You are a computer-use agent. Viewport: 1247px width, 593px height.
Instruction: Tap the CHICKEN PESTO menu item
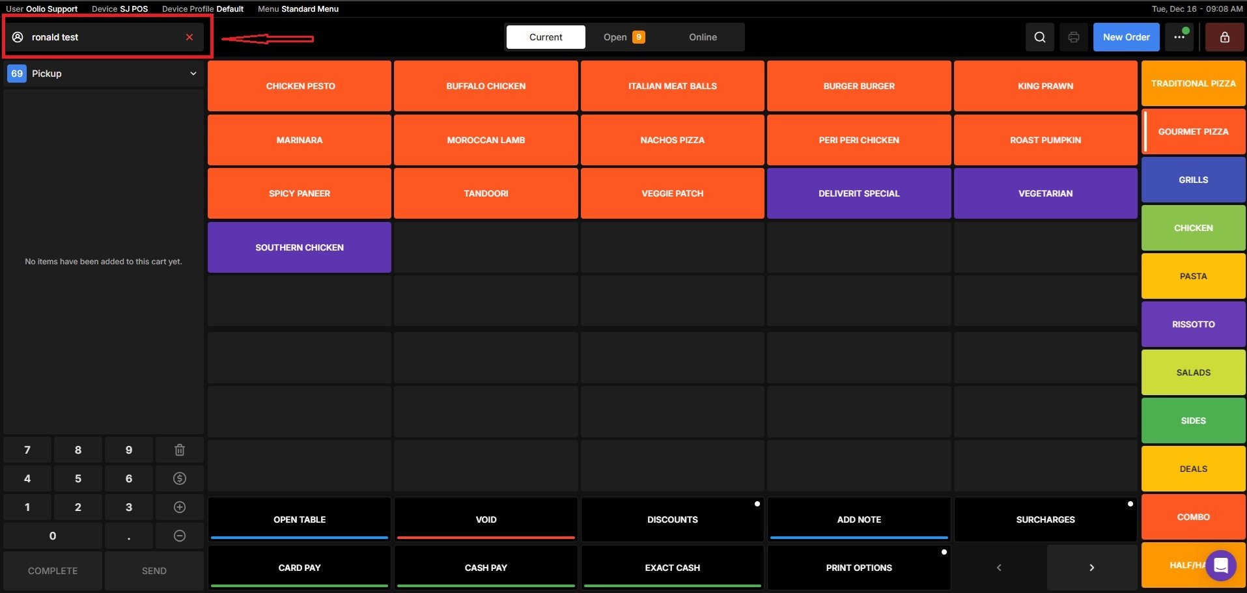point(300,86)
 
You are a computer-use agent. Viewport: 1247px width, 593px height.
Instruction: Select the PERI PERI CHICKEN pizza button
point(858,140)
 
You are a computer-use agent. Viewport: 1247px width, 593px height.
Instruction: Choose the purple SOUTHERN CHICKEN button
point(300,247)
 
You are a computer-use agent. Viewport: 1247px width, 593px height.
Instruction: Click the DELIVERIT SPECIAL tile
point(858,193)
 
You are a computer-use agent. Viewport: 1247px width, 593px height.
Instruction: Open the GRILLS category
point(1193,180)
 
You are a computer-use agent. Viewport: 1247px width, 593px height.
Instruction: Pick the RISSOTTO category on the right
point(1193,324)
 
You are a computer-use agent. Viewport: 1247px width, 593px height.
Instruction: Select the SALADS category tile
point(1193,372)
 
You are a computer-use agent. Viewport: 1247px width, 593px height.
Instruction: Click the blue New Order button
point(1126,37)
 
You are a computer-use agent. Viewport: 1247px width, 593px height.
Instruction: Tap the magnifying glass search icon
point(1040,37)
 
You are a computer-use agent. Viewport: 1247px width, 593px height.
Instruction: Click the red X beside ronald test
point(189,37)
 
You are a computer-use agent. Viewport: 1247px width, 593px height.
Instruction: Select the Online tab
point(703,37)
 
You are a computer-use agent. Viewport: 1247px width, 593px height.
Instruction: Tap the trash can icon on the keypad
point(180,450)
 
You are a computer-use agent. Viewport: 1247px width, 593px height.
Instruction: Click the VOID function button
point(486,519)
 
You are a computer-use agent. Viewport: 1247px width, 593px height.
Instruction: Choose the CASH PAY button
point(486,568)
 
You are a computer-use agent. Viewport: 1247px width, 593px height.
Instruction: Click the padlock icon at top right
point(1224,37)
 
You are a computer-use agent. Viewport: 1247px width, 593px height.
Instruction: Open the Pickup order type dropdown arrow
point(193,74)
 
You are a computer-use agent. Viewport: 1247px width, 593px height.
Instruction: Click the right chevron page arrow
point(1091,568)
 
